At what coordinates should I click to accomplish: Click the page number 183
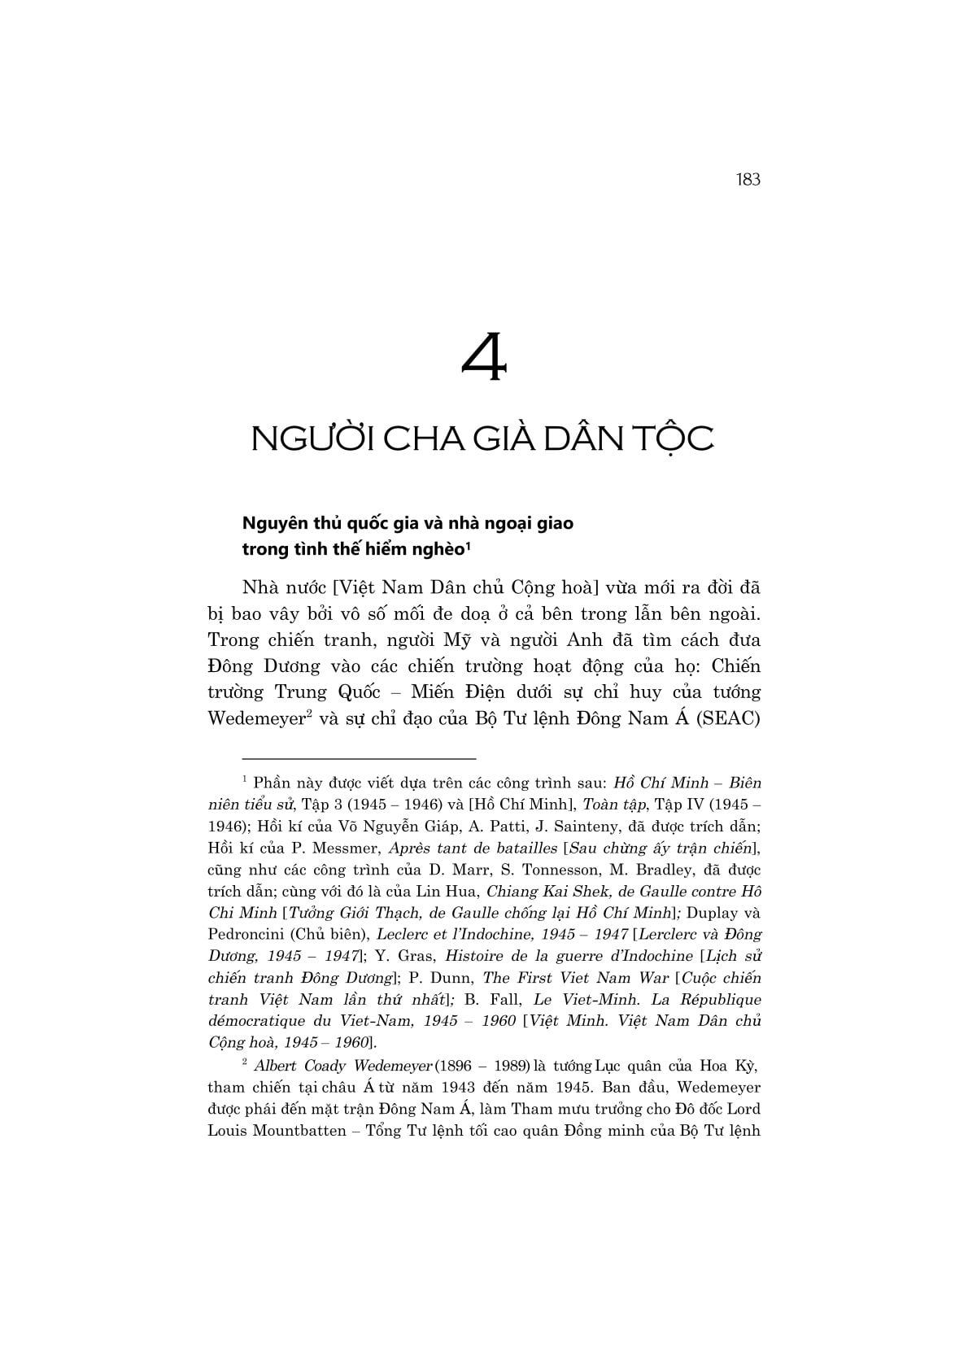pos(747,179)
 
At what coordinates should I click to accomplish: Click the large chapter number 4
pos(485,358)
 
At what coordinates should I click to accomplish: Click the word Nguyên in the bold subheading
pos(276,523)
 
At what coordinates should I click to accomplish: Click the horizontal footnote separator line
pos(342,756)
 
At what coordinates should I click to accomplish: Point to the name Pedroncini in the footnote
pos(244,935)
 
